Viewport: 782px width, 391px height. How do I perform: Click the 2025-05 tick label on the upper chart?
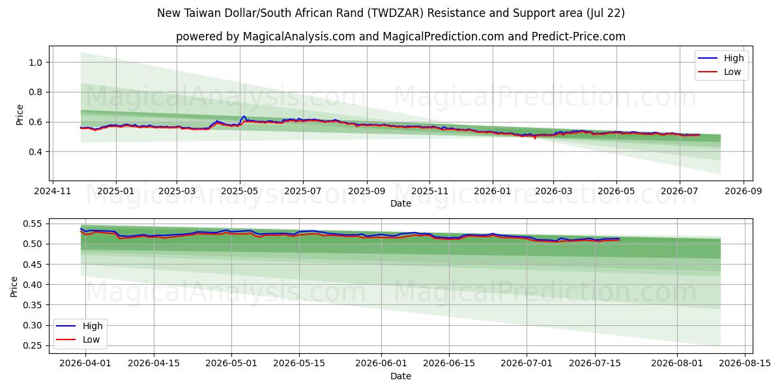240,192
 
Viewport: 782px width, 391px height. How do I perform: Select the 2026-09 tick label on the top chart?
744,192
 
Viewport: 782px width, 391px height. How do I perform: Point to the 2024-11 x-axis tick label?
52,192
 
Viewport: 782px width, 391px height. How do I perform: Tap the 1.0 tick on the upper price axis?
36,63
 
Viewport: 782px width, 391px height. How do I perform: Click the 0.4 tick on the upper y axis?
36,151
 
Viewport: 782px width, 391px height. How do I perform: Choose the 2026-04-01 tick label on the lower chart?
85,363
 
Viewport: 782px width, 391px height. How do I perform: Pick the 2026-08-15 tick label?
745,363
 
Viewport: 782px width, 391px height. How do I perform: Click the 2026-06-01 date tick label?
381,363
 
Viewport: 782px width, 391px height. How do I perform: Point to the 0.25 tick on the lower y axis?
33,345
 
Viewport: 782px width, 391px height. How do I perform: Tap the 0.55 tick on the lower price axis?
33,224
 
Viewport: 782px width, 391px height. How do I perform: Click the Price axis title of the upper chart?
20,115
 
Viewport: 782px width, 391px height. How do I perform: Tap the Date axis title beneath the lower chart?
400,376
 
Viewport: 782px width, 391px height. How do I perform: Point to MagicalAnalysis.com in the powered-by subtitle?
299,36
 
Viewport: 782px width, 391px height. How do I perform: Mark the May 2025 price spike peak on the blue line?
244,116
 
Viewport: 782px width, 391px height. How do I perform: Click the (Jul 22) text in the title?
605,13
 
